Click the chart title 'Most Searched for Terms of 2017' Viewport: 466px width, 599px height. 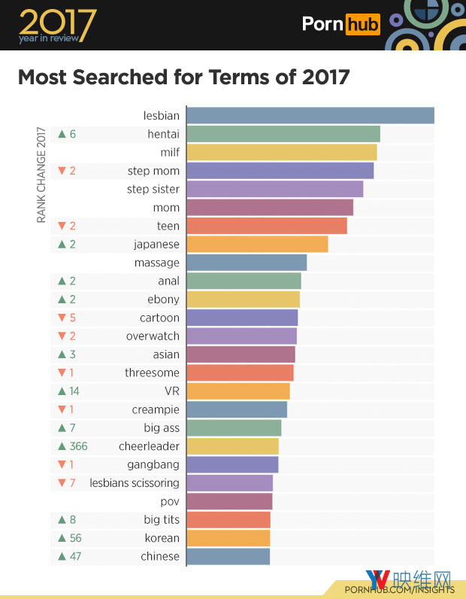[183, 78]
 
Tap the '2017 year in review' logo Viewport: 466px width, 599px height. [57, 26]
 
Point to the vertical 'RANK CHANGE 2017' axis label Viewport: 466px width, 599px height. [41, 174]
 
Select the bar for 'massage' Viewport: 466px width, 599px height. [247, 263]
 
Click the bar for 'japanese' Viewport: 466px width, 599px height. [257, 245]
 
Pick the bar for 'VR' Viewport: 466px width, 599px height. [238, 391]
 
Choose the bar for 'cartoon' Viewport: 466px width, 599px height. [242, 318]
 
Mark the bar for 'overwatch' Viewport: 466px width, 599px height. [241, 336]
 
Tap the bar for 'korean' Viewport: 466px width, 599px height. [228, 538]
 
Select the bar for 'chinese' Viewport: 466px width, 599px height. [228, 557]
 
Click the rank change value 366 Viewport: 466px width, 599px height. [78, 446]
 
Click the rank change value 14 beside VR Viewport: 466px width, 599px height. [74, 391]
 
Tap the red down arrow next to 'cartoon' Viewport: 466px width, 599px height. [62, 318]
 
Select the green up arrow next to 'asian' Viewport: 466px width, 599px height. [62, 354]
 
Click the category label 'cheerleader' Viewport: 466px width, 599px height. [149, 446]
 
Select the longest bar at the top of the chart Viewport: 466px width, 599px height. [310, 116]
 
